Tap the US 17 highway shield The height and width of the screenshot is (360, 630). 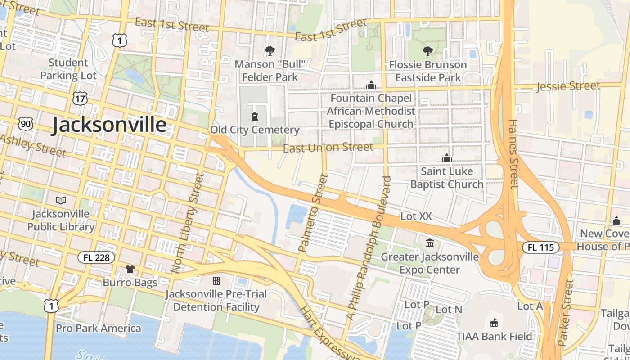pos(79,99)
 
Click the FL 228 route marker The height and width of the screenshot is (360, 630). pos(96,257)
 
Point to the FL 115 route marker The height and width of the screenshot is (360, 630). pos(540,247)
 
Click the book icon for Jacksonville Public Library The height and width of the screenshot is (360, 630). pos(60,200)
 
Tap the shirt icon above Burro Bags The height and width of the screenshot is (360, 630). pos(130,269)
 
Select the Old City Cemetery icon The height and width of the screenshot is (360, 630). pos(255,117)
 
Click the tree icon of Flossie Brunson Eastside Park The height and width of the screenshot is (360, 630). pos(427,51)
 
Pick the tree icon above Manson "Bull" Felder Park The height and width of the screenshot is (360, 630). pos(270,51)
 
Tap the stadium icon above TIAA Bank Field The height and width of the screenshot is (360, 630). pos(494,323)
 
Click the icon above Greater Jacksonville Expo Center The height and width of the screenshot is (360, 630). pos(430,243)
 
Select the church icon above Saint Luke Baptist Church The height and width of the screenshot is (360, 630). pos(446,158)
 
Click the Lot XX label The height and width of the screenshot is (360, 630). pos(416,216)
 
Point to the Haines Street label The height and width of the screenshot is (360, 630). pos(513,153)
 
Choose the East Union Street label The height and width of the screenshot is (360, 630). pos(328,147)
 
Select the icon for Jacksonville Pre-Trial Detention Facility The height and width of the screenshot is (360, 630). pos(216,281)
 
